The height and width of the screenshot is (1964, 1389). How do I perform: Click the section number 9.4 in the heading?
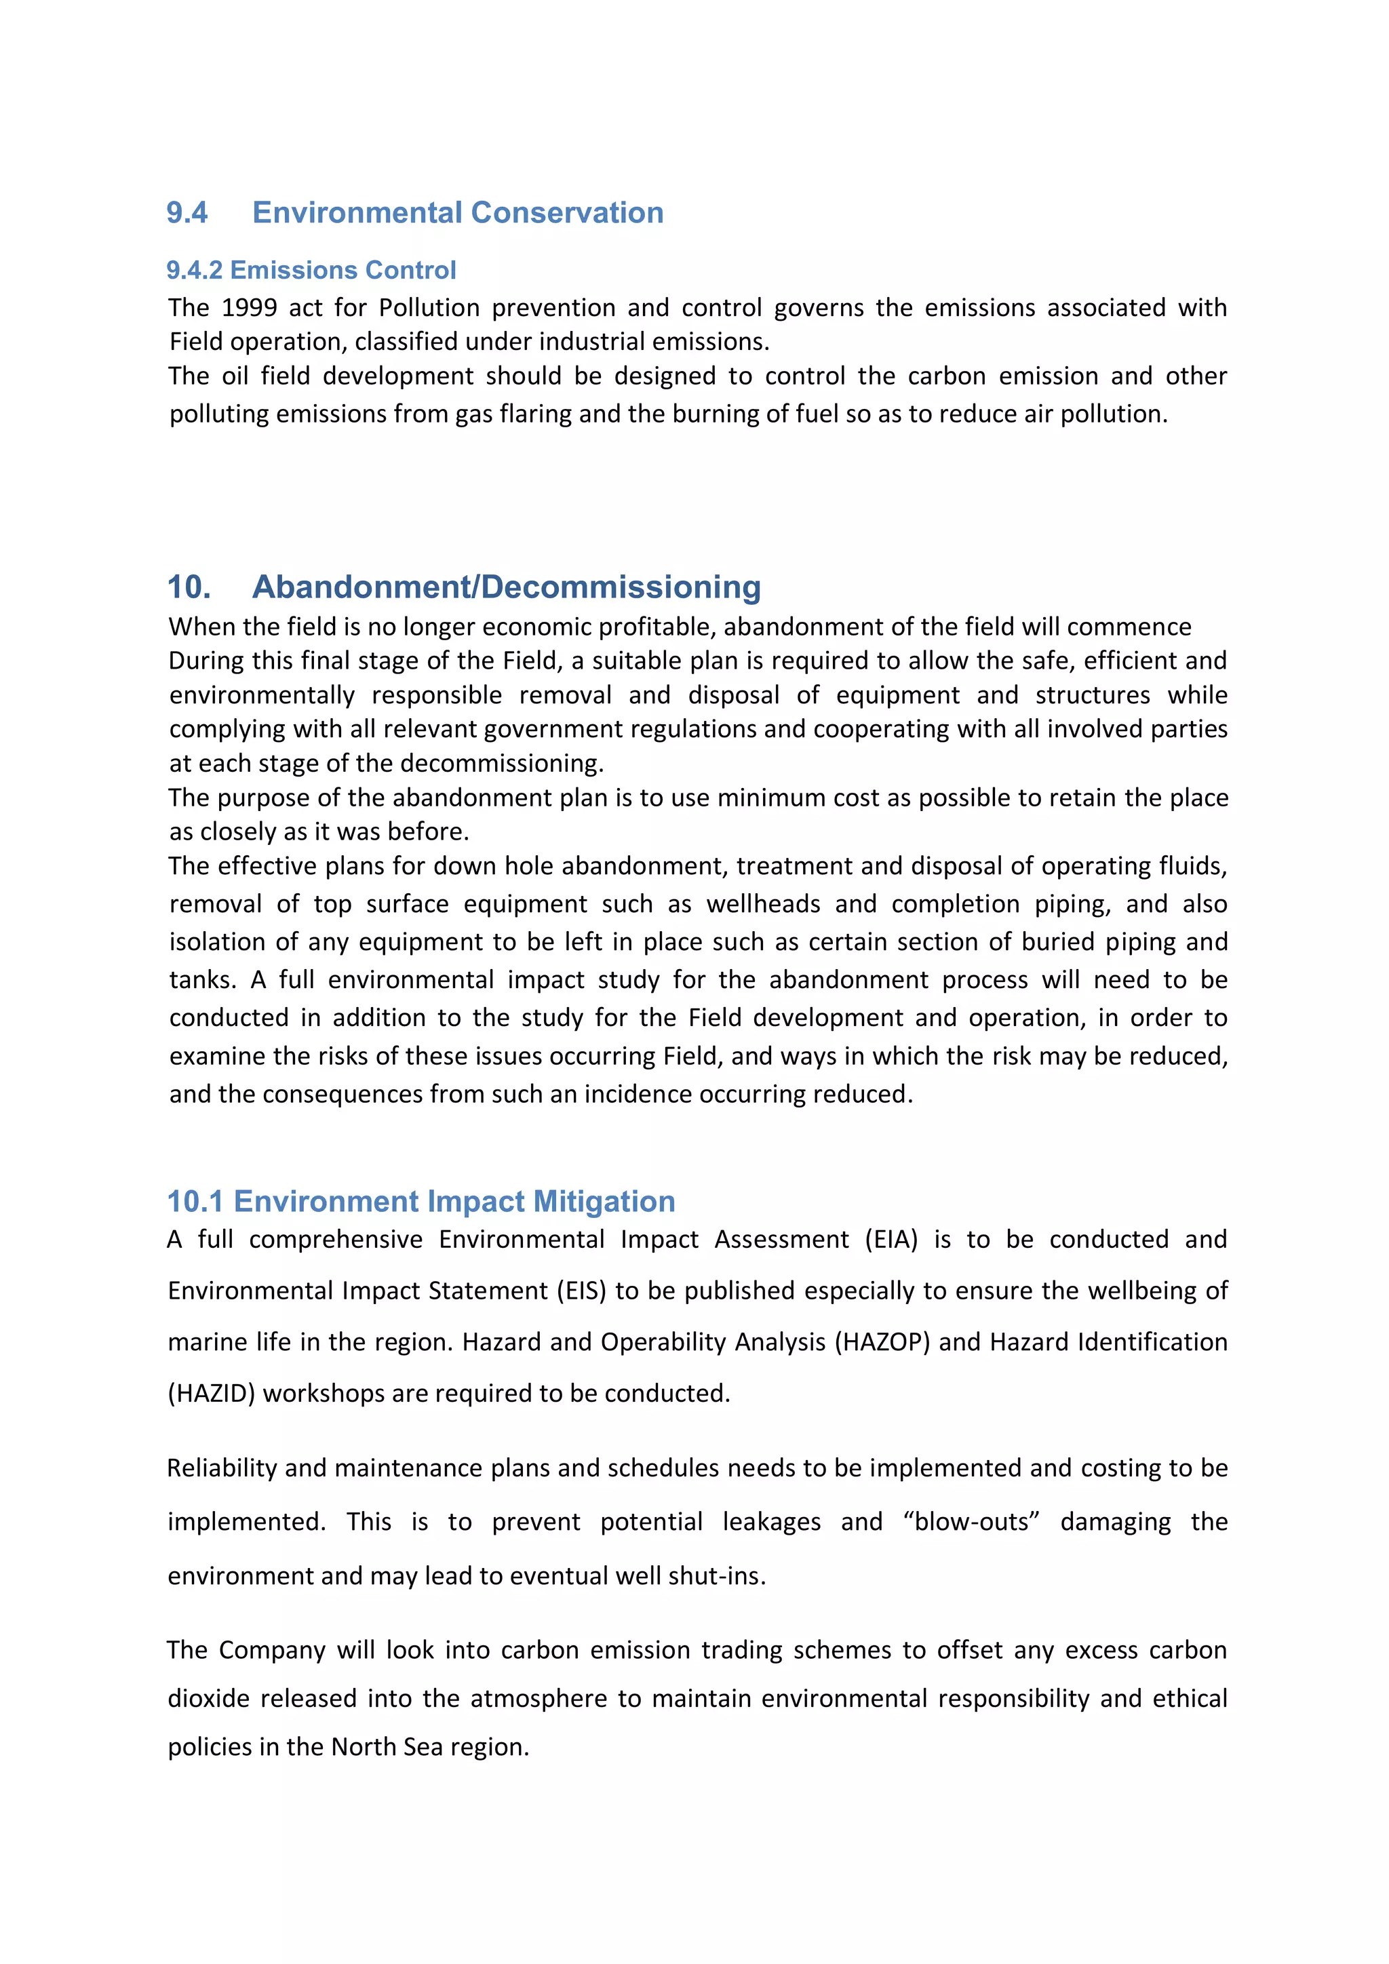click(187, 212)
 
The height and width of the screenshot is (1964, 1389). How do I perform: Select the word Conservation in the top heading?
click(567, 212)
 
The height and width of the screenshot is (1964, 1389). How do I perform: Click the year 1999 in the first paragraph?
click(249, 308)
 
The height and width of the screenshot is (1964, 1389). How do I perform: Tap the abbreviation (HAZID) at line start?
click(211, 1394)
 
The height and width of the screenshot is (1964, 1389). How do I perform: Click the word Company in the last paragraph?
click(272, 1650)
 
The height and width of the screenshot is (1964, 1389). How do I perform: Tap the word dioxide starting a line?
click(209, 1698)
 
